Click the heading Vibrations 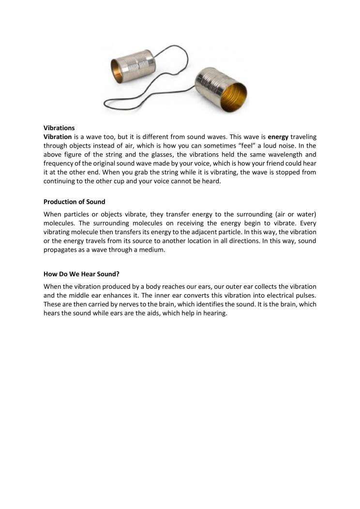(59, 128)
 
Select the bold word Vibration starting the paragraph (58, 137)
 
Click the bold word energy (278, 137)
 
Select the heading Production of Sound (74, 202)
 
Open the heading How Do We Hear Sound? (81, 273)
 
